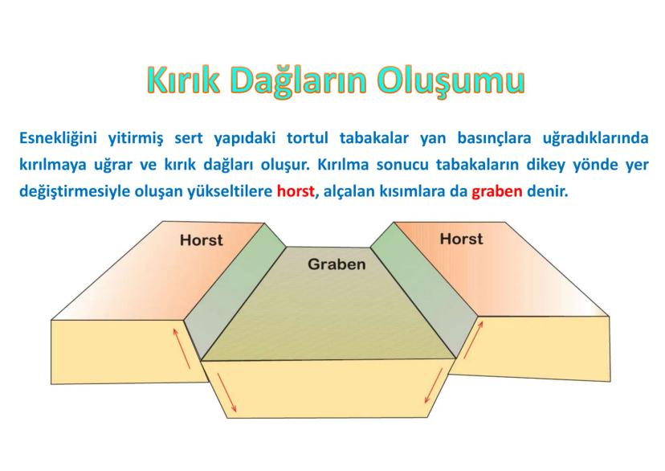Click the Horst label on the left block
point(202,240)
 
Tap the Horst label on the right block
point(461,239)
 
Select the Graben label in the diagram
point(337,264)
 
